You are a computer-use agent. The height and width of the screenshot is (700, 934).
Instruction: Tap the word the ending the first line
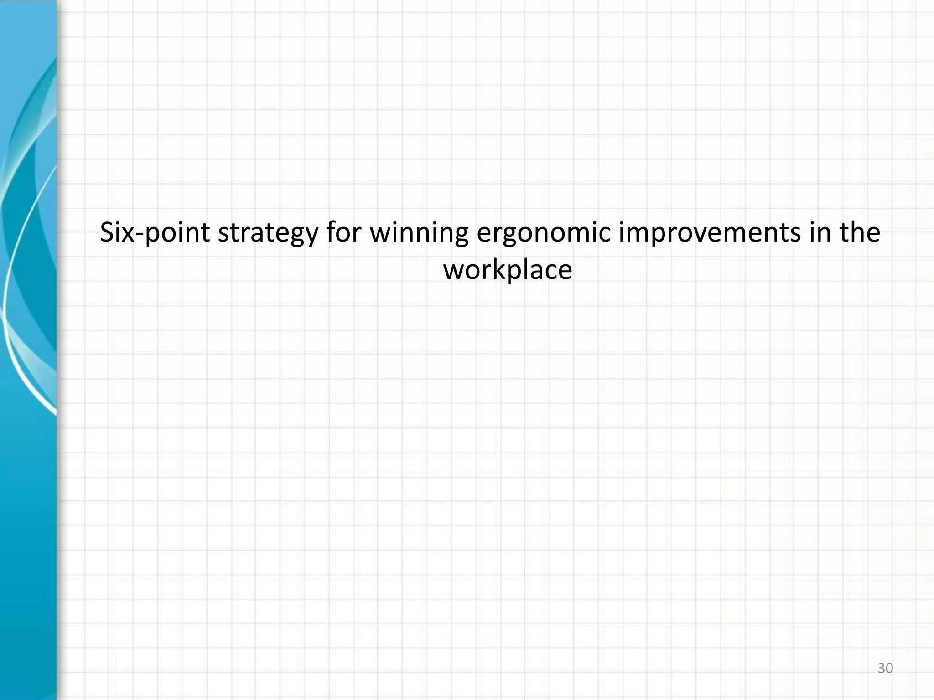(x=860, y=232)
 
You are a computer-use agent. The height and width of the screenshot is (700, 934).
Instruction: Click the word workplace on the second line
(x=507, y=270)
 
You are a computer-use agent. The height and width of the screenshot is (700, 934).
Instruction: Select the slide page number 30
(x=885, y=668)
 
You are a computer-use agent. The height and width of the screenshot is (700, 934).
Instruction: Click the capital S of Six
(x=107, y=232)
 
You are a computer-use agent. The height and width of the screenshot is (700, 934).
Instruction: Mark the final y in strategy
(x=311, y=237)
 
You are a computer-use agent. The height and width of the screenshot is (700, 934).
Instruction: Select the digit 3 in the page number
(x=881, y=668)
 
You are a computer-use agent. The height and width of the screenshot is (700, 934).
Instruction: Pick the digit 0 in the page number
(x=889, y=668)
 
